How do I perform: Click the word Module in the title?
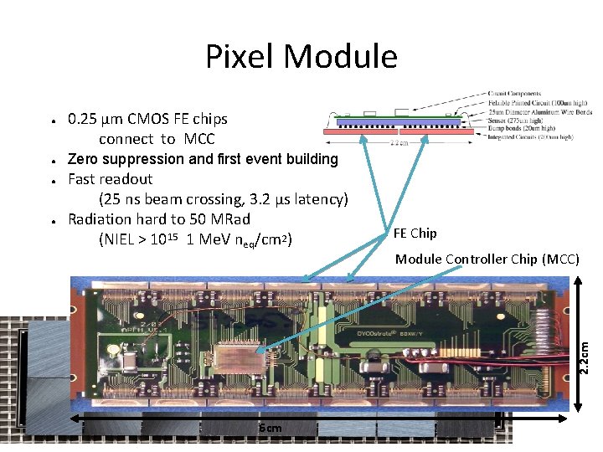(x=341, y=57)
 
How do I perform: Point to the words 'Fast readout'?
(x=110, y=179)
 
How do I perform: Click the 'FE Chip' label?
(x=415, y=233)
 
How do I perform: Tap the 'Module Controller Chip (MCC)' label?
(x=487, y=259)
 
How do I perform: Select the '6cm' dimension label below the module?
(x=270, y=429)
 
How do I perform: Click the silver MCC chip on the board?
(x=239, y=357)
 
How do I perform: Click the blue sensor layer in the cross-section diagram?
(x=394, y=121)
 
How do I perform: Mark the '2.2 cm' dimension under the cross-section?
(x=400, y=142)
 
